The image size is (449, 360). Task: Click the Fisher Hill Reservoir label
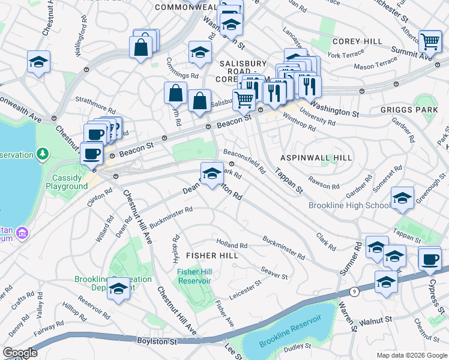[194, 277]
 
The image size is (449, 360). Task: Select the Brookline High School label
[349, 206]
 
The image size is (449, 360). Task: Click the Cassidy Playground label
[67, 182]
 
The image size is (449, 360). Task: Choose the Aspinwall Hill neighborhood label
[316, 157]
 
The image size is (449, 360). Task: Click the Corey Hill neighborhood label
[357, 41]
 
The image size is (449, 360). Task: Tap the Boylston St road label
[155, 341]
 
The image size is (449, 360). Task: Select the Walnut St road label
[375, 322]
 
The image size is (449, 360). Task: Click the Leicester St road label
[246, 287]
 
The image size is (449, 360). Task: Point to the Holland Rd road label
[232, 245]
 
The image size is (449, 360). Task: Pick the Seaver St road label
[274, 274]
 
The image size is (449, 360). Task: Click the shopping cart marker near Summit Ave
[430, 41]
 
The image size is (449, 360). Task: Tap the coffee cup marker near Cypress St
[430, 259]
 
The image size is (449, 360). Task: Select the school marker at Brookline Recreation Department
[119, 289]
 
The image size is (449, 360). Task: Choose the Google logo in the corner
[20, 353]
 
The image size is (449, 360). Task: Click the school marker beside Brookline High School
[402, 198]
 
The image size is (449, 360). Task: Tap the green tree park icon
[43, 155]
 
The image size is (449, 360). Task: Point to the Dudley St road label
[298, 346]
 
